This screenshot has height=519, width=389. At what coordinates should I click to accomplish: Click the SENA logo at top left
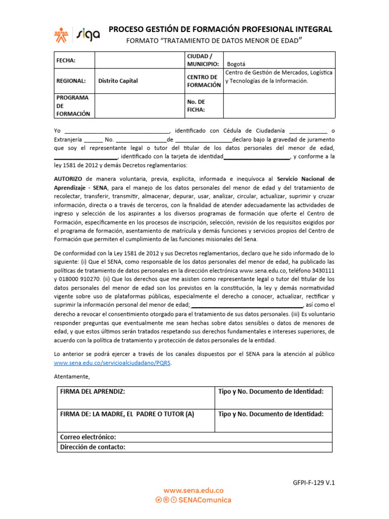tap(63, 33)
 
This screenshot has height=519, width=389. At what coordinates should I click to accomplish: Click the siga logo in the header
tap(88, 33)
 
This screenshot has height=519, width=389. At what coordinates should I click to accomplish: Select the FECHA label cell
tap(66, 60)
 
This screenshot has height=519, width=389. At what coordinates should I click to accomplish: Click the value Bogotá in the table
tap(236, 64)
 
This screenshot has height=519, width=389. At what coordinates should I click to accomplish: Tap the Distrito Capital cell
tap(118, 81)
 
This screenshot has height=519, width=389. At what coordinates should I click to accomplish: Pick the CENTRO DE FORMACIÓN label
tap(204, 81)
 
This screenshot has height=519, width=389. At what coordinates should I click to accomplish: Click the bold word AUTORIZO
tap(69, 179)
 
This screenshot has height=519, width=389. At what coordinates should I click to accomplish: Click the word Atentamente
tap(71, 376)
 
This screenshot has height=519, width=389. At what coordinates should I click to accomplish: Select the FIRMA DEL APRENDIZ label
tap(92, 392)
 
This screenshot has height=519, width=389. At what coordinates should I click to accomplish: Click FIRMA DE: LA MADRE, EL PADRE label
tap(127, 414)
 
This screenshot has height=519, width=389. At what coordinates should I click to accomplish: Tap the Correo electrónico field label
tap(88, 437)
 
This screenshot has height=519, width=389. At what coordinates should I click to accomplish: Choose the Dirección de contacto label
tap(92, 447)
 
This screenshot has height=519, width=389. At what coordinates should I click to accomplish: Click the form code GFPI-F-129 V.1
tap(314, 483)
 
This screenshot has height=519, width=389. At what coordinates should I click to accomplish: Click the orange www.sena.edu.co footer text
tap(193, 491)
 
